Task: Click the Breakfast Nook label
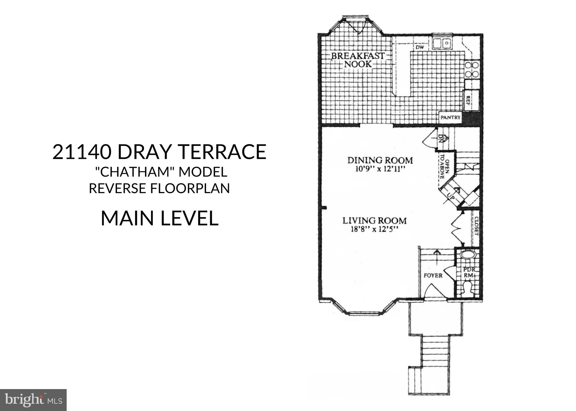(357, 60)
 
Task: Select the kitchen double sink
(442, 43)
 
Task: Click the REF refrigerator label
(468, 100)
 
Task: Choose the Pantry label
(450, 118)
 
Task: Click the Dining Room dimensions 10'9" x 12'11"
(379, 170)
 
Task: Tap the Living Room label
(374, 220)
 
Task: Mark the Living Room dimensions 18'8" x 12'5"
(374, 229)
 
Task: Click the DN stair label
(441, 138)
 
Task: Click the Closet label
(476, 226)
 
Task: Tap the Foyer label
(433, 275)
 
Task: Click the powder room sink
(468, 254)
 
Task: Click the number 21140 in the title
(82, 152)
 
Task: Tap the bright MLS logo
(33, 400)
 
